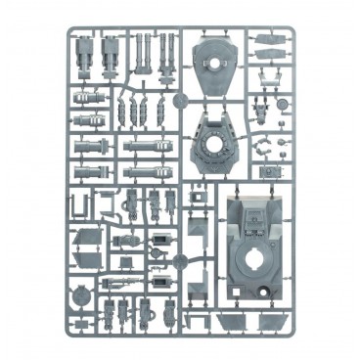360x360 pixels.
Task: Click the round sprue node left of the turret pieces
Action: pos(176,101)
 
